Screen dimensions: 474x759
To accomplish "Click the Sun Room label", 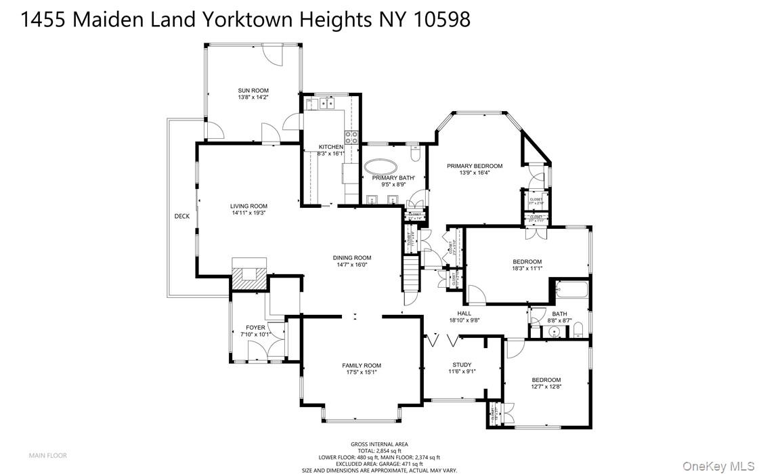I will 253,90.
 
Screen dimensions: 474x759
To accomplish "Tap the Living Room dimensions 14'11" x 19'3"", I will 248,213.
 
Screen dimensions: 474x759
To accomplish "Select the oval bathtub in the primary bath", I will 381,167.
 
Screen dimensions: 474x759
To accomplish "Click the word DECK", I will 182,217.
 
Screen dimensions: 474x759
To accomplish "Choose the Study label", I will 462,365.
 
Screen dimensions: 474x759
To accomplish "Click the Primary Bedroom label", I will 475,166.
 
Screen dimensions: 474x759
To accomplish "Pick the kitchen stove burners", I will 350,138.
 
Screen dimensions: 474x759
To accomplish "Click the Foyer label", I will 255,328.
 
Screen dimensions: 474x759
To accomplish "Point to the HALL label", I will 464,313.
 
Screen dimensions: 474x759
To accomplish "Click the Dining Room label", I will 351,257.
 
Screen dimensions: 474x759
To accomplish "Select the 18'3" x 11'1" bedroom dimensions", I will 527,268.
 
